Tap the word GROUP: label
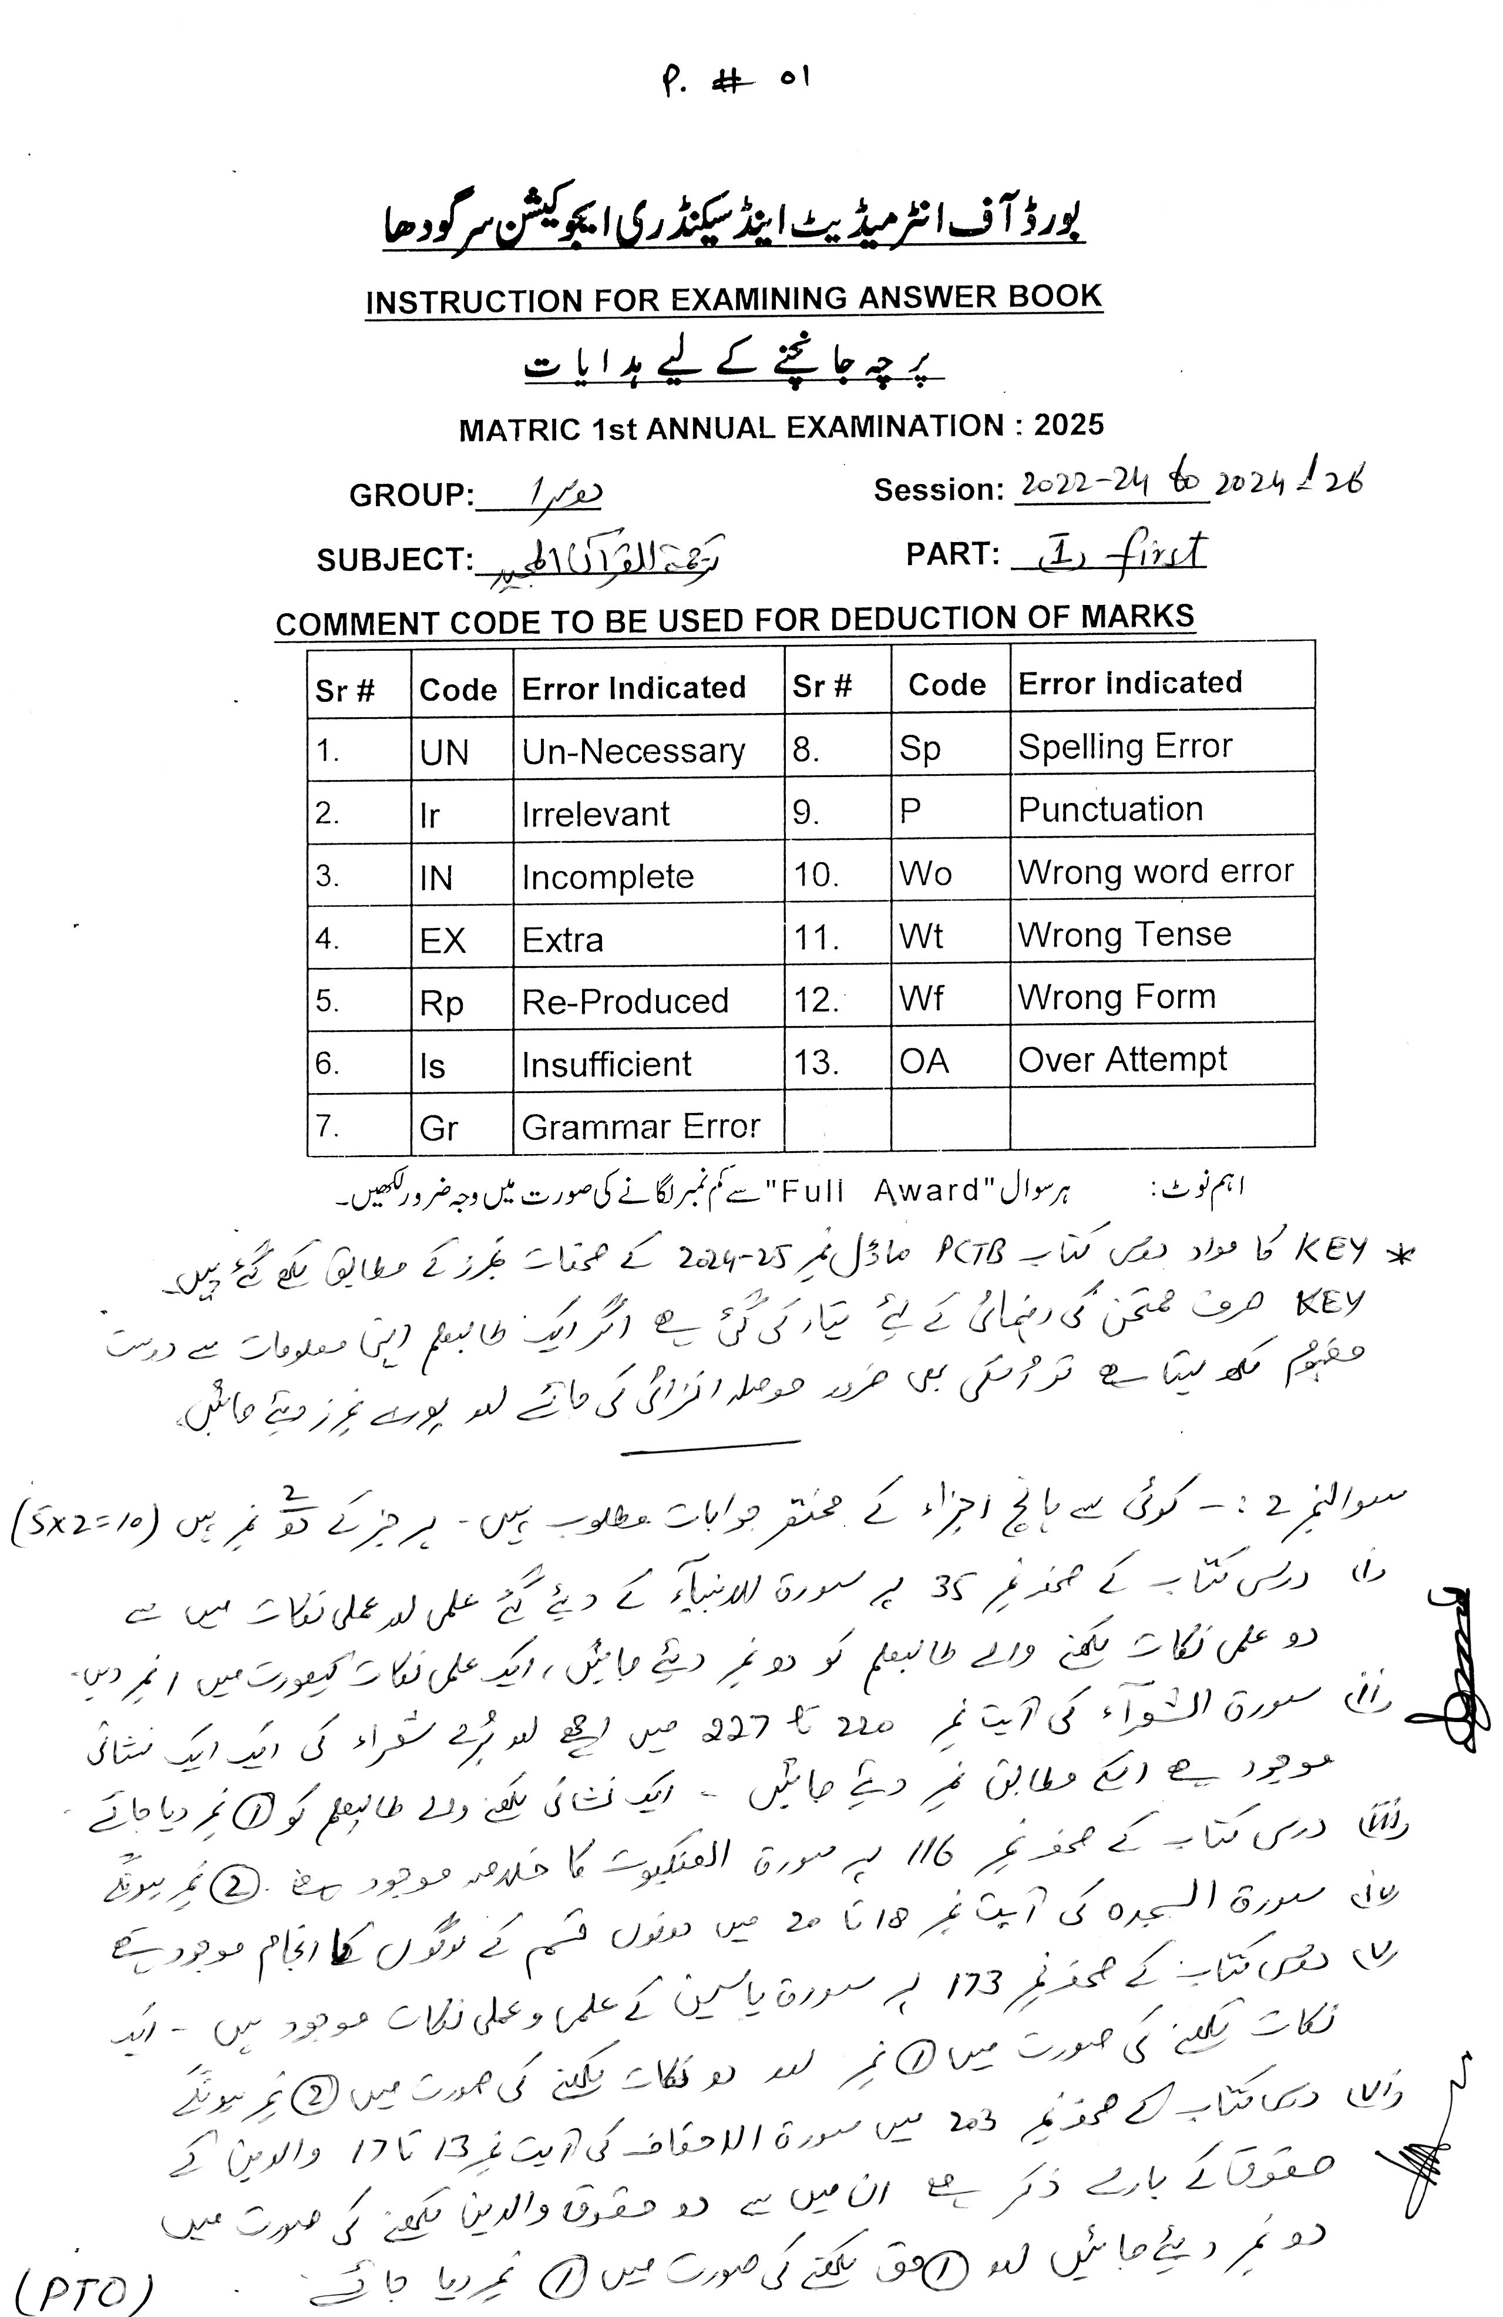click(x=411, y=496)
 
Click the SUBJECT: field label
click(x=394, y=560)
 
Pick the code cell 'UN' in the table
click(x=444, y=752)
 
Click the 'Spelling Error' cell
click(x=1124, y=746)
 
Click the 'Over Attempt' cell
click(x=1121, y=1059)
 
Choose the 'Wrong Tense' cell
click(x=1124, y=934)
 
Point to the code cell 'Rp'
click(x=441, y=1003)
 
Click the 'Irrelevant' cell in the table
click(x=595, y=814)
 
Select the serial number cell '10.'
click(x=816, y=874)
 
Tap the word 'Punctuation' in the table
click(x=1109, y=809)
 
